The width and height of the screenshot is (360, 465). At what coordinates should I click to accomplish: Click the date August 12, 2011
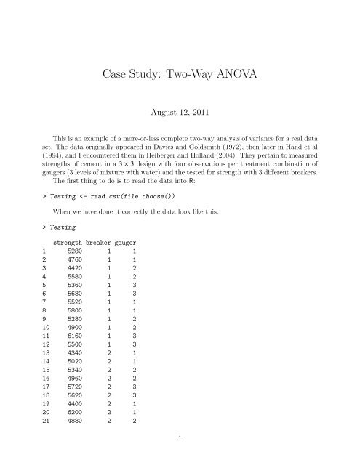pos(180,113)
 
